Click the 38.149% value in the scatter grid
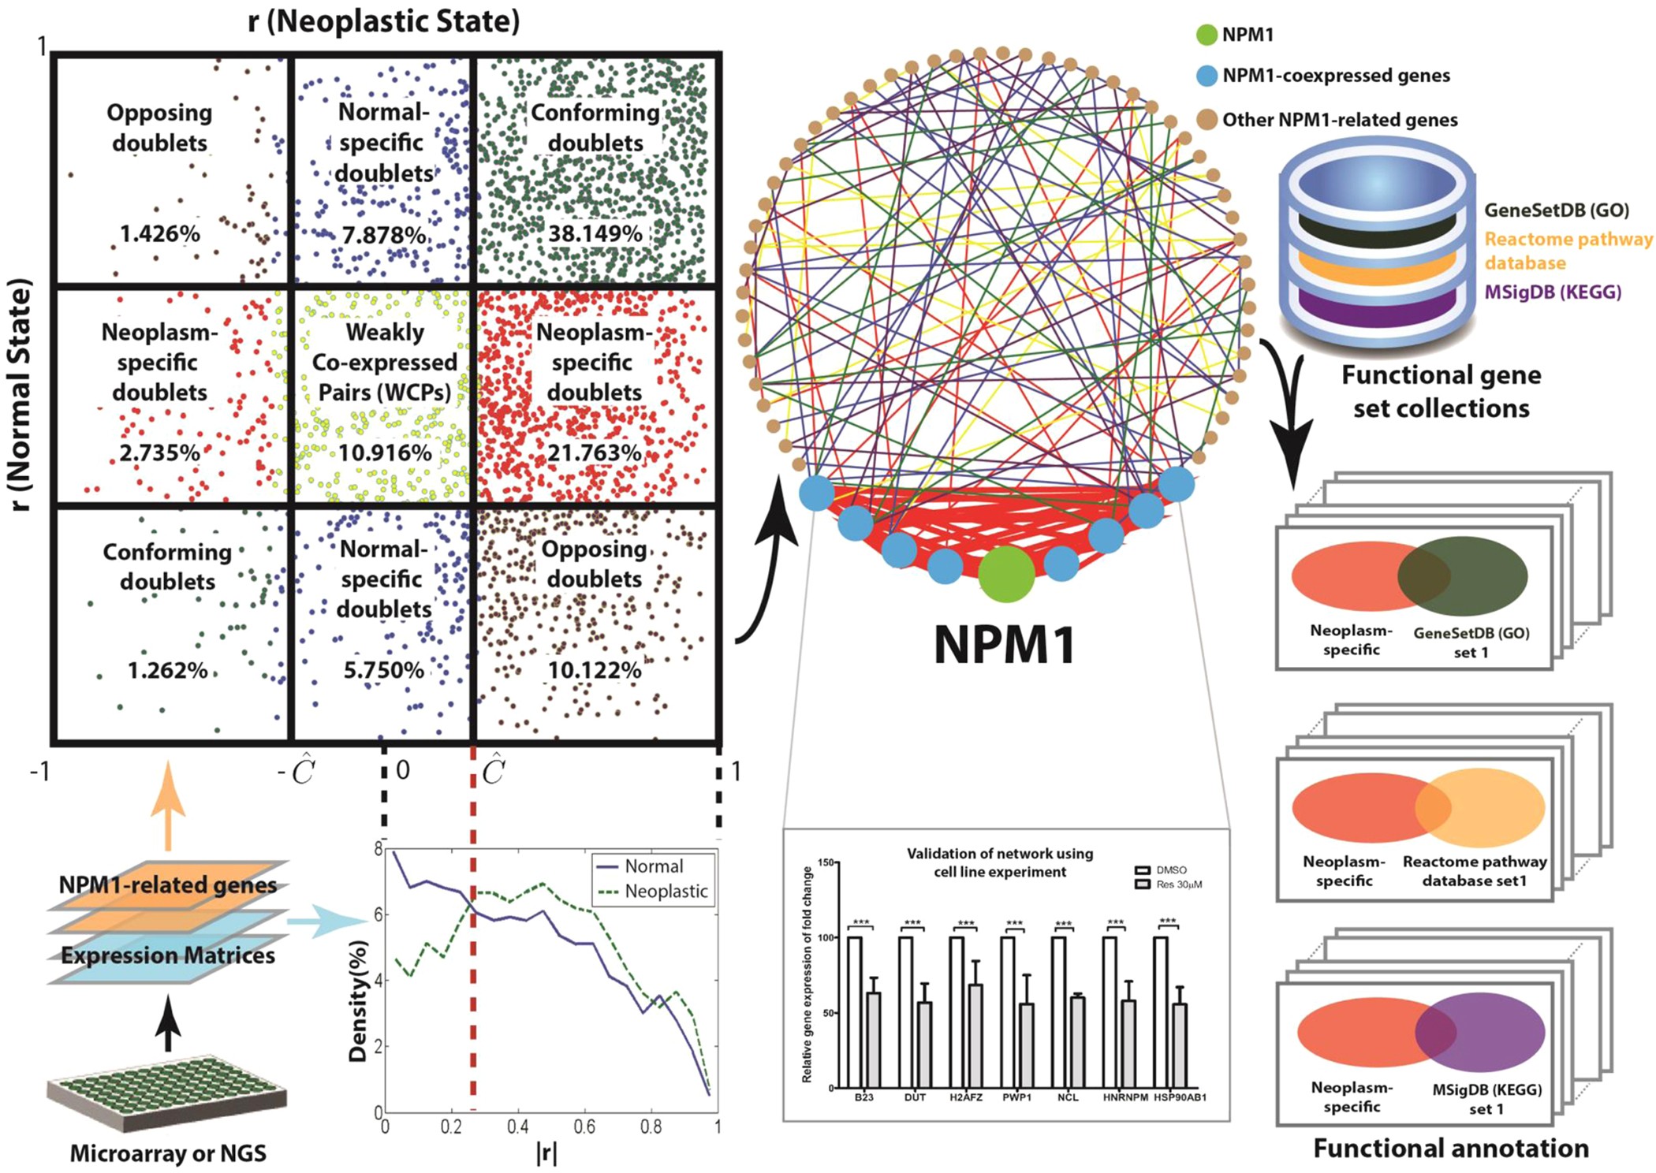pyautogui.click(x=595, y=234)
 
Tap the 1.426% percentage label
pyautogui.click(x=160, y=234)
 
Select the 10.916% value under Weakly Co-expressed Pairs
pyautogui.click(x=385, y=453)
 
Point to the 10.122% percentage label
pyautogui.click(x=595, y=671)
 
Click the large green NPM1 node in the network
pyautogui.click(x=1006, y=575)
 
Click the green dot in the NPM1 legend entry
pyautogui.click(x=1207, y=35)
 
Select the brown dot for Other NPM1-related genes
pyautogui.click(x=1207, y=120)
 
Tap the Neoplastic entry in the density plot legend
pyautogui.click(x=665, y=892)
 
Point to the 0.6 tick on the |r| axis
pyautogui.click(x=584, y=1127)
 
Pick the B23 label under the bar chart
pyautogui.click(x=863, y=1097)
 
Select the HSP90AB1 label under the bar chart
pyautogui.click(x=1180, y=1097)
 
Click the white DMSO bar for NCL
pyautogui.click(x=1059, y=1012)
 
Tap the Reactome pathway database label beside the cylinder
pyautogui.click(x=1567, y=251)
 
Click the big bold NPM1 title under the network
pyautogui.click(x=1005, y=645)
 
